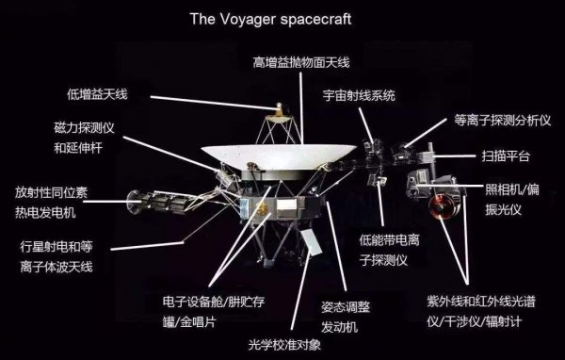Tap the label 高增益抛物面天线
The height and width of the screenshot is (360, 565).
[x=301, y=62]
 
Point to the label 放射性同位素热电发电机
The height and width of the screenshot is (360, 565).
[x=52, y=201]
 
